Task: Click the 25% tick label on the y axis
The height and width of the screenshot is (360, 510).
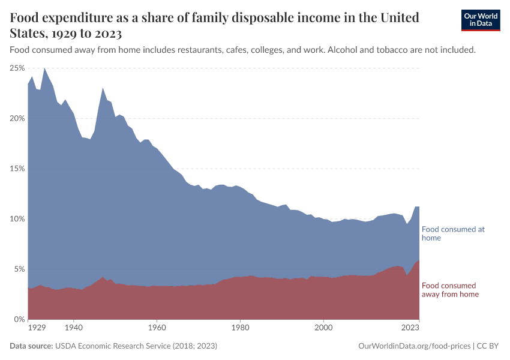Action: tap(17, 68)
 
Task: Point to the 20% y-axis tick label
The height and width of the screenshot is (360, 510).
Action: tap(17, 119)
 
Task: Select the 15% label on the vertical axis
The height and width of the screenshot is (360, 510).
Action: tap(17, 169)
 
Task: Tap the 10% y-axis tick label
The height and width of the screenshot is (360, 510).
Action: tap(17, 219)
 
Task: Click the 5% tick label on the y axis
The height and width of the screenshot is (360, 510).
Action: tap(19, 269)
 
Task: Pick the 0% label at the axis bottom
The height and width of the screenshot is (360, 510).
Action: tap(19, 319)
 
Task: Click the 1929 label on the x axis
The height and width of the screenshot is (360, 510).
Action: tap(37, 328)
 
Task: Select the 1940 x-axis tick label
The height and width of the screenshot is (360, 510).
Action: tap(73, 328)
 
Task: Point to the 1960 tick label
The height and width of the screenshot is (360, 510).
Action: tap(157, 328)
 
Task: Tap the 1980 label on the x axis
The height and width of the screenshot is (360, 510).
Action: tap(240, 328)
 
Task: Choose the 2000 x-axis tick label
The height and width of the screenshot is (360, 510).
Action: tap(323, 328)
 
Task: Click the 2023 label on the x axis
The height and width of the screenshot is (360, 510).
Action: tap(410, 328)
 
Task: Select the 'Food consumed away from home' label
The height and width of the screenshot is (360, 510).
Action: tap(450, 290)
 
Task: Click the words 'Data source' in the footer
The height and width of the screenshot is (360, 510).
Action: tap(31, 346)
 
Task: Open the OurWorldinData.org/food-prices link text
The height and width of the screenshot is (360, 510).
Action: tap(413, 346)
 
